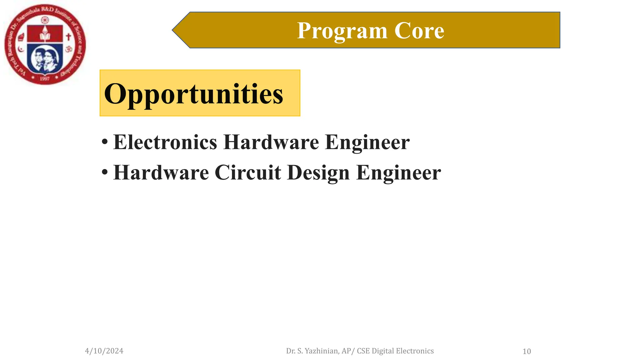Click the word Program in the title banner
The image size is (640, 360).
tap(342, 31)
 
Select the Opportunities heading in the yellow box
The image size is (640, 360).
tap(193, 94)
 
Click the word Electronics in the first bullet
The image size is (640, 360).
tap(165, 142)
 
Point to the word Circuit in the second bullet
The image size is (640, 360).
tap(248, 172)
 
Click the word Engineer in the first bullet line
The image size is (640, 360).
tap(367, 142)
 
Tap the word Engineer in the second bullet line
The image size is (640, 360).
tap(398, 172)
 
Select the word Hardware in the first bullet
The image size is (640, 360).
tap(271, 142)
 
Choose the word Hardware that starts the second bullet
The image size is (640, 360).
tap(161, 172)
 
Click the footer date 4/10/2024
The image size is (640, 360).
tap(104, 351)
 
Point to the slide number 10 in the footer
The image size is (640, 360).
tap(527, 352)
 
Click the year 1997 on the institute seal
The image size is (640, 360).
tap(45, 79)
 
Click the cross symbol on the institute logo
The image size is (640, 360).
tap(68, 37)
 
